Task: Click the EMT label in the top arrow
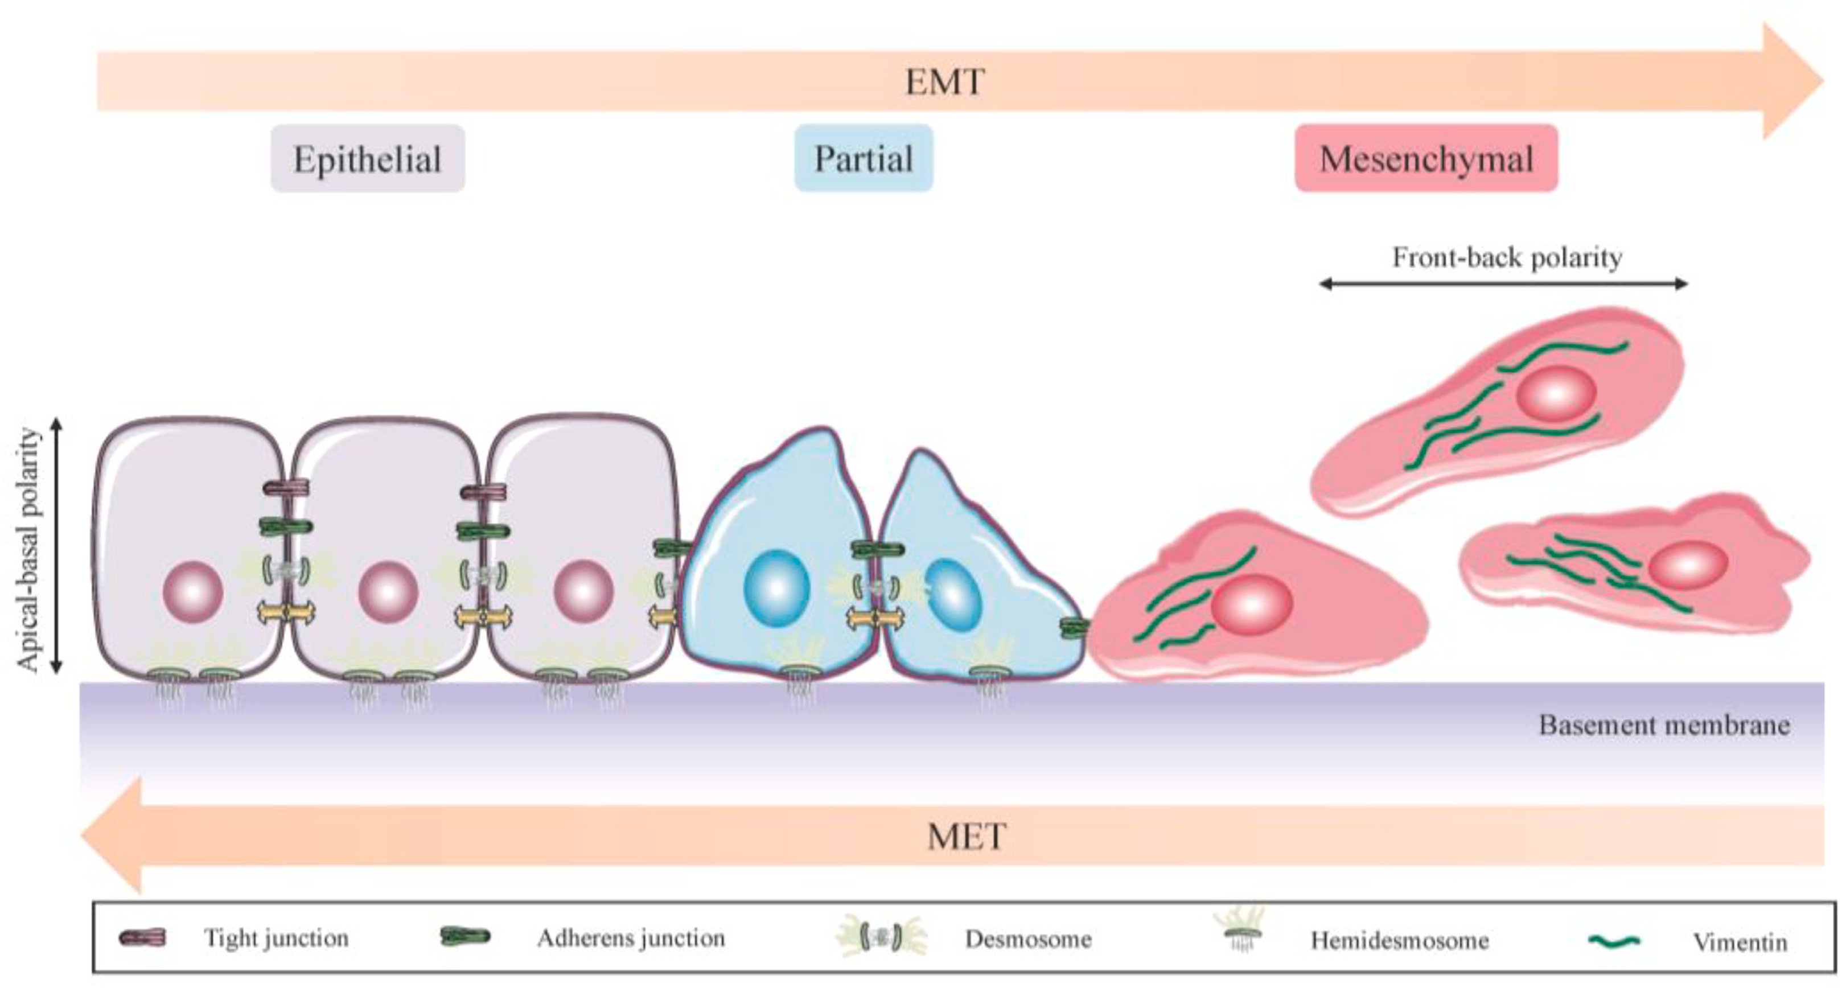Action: [x=944, y=82]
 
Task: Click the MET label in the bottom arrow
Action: [x=967, y=837]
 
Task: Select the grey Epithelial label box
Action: [x=368, y=158]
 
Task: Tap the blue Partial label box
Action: [x=864, y=158]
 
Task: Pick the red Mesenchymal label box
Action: [x=1426, y=158]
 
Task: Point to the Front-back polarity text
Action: [x=1507, y=257]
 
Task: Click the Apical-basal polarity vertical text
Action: [x=28, y=549]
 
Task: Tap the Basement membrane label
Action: [x=1664, y=725]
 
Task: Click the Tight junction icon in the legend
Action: [x=142, y=937]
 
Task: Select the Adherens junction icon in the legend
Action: [x=466, y=937]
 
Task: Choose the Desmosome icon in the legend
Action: [x=881, y=937]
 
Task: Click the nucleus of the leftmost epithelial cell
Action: [x=193, y=592]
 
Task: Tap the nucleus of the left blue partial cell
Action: [x=776, y=588]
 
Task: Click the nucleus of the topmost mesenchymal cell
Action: [x=1556, y=393]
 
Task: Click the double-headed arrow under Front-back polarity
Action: [x=1503, y=284]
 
